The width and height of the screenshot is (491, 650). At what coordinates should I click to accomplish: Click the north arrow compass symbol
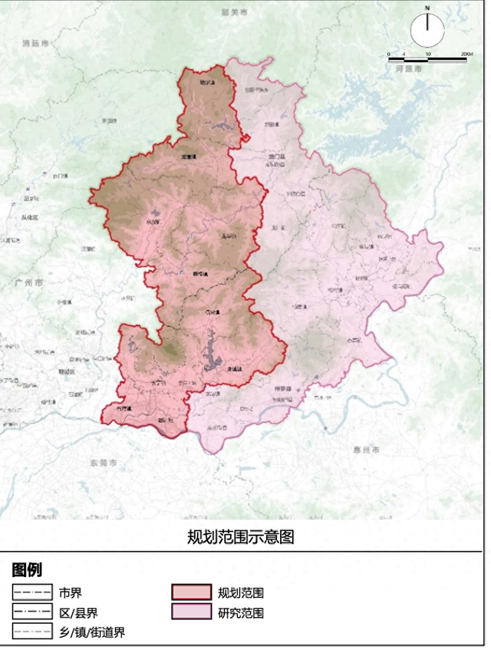[x=427, y=29]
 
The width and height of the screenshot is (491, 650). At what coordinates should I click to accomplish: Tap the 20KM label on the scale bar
[x=466, y=54]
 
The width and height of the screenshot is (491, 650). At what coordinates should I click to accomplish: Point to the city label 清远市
[x=36, y=45]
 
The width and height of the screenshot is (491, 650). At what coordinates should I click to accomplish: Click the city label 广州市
[x=28, y=282]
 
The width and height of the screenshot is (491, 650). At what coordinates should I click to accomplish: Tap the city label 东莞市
[x=104, y=464]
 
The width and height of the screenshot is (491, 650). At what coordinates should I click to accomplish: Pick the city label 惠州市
[x=365, y=449]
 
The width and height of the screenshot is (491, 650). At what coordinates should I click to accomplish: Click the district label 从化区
[x=28, y=217]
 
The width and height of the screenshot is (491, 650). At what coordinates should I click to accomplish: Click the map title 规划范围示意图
[x=241, y=536]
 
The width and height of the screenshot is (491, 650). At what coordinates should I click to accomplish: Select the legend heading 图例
[x=27, y=570]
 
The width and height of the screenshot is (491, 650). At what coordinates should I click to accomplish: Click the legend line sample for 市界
[x=31, y=592]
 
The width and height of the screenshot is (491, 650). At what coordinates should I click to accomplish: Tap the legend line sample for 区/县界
[x=31, y=612]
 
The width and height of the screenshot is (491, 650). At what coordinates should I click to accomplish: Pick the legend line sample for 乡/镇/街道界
[x=31, y=632]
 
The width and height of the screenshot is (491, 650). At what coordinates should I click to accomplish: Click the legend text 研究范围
[x=241, y=613]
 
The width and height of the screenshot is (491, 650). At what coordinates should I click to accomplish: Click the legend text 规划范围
[x=241, y=593]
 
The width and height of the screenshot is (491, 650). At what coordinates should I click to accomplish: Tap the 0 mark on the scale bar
[x=389, y=54]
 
